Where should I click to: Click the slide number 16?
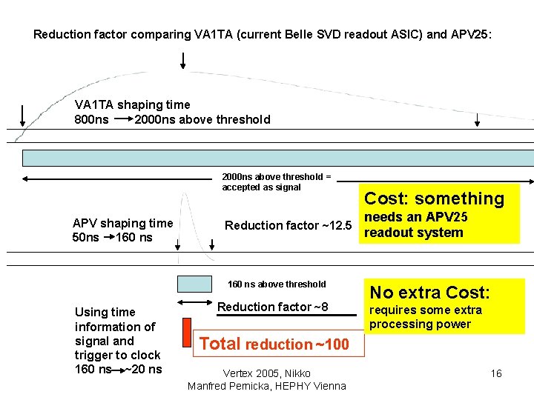496,373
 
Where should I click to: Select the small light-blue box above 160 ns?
194,284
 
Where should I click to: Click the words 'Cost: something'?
434,199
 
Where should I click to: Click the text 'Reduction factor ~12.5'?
288,225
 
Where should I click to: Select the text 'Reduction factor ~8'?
272,307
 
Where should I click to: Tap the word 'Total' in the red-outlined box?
220,344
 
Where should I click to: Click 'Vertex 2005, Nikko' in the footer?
267,373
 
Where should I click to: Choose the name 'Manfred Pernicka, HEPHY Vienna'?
267,386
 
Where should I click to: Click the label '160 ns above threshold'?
276,284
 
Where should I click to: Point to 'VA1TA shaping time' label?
133,104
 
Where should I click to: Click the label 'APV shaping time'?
122,223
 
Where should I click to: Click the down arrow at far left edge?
22,116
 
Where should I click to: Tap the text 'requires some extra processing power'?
426,317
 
